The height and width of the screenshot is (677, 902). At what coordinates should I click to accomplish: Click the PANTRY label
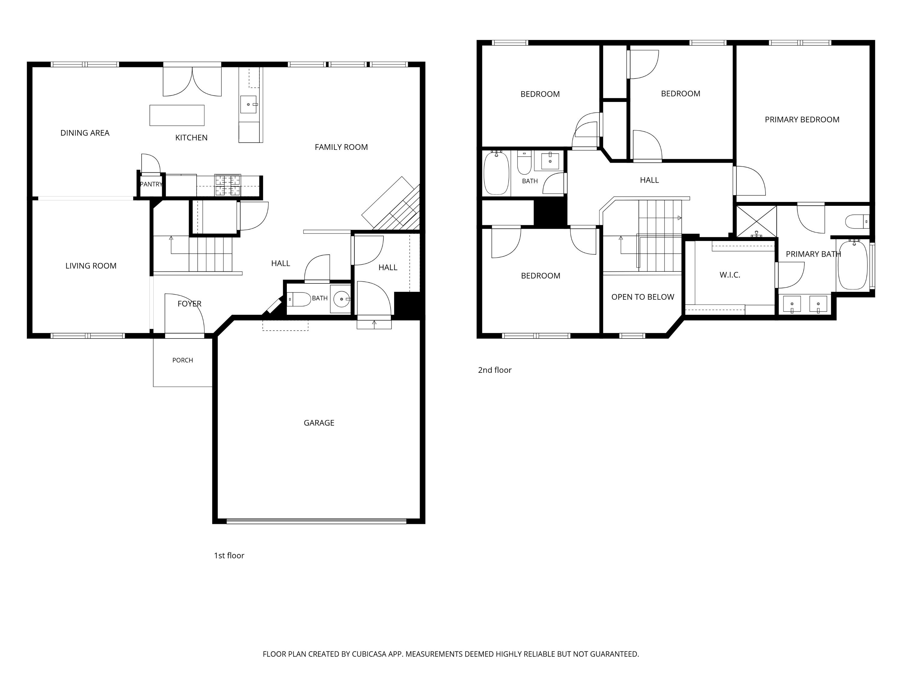click(151, 184)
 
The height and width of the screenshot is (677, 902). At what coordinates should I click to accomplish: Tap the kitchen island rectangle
click(177, 115)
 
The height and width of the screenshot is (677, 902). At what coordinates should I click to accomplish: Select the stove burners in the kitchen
click(228, 185)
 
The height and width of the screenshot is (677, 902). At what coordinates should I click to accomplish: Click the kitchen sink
click(248, 104)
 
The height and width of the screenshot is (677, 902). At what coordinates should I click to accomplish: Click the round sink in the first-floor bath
click(341, 299)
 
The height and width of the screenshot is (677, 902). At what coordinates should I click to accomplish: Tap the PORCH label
click(183, 360)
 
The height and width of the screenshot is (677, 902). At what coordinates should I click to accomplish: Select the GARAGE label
click(319, 423)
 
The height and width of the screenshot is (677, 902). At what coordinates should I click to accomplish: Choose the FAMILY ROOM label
click(341, 147)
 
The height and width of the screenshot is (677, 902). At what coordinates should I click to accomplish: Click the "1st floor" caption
click(229, 555)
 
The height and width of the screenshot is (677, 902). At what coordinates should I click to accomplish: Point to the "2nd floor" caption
click(495, 370)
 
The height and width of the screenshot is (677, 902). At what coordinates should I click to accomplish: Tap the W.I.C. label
click(730, 275)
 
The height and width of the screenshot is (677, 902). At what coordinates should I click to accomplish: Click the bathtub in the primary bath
click(852, 266)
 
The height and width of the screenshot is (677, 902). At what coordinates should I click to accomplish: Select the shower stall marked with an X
click(756, 221)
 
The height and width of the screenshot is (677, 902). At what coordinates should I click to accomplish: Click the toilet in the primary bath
click(857, 222)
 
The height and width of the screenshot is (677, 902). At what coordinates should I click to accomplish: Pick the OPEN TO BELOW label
click(643, 297)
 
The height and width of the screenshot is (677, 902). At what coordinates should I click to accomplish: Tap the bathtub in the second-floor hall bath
click(496, 173)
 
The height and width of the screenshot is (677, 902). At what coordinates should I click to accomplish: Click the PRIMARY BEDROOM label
click(802, 119)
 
